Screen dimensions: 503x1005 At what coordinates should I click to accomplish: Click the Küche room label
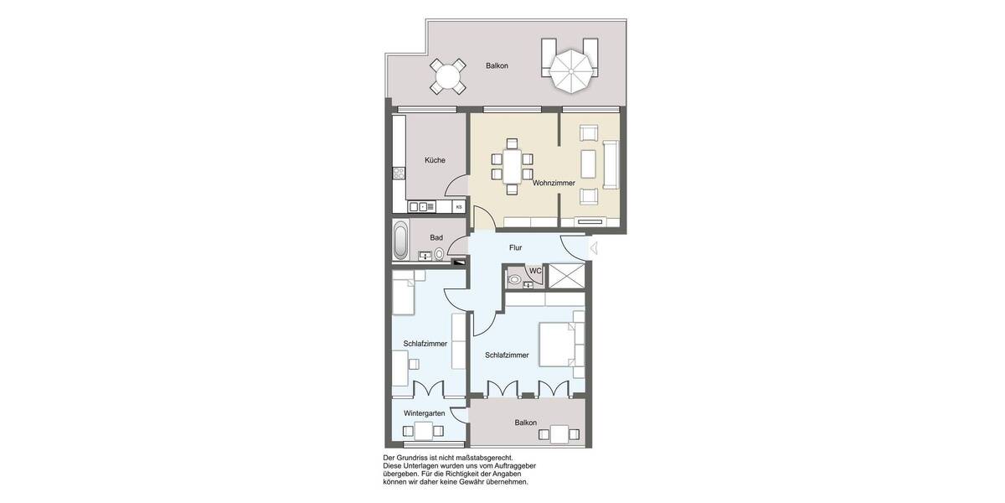click(435, 160)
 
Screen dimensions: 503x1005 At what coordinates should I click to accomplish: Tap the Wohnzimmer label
click(554, 182)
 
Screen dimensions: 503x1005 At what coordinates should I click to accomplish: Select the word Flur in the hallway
click(515, 247)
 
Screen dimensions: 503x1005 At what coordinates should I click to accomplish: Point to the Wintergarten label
click(424, 413)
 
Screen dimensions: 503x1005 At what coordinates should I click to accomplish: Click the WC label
click(534, 271)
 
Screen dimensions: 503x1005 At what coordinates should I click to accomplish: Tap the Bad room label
click(436, 237)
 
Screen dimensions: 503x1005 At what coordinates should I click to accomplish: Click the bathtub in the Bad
click(401, 241)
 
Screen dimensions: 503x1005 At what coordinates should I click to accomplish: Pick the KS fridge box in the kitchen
click(458, 206)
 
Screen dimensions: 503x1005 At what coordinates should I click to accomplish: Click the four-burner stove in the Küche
click(399, 174)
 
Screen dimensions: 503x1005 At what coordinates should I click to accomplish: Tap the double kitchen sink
click(419, 206)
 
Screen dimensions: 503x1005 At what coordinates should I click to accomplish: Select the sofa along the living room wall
click(611, 163)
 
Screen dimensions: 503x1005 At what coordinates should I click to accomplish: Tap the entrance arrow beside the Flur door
click(593, 247)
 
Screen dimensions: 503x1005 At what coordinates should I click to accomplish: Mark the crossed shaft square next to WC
click(567, 276)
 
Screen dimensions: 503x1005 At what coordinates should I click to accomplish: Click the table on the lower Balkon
click(559, 433)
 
